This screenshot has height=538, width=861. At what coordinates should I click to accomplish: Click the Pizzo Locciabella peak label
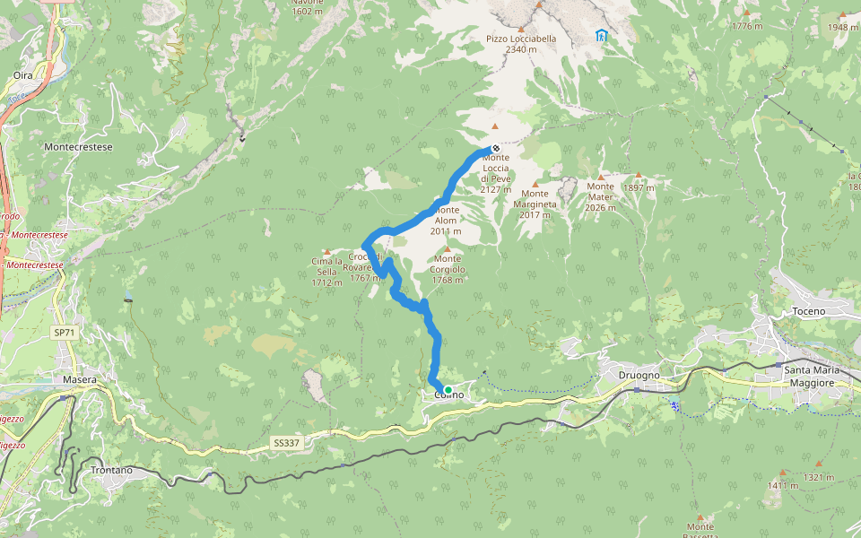[521, 44]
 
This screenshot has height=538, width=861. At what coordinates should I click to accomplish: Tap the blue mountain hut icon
[601, 36]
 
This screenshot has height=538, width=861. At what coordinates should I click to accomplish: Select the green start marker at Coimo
[448, 390]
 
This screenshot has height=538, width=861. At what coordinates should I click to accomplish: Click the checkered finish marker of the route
[495, 149]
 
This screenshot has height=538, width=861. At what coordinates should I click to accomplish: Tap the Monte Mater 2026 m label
[600, 196]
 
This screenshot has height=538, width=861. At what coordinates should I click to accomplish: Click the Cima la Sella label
[326, 272]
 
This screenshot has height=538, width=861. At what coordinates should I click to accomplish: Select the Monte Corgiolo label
[448, 269]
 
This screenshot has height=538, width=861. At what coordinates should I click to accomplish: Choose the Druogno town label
[639, 375]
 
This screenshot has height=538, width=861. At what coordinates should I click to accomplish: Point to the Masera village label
[80, 380]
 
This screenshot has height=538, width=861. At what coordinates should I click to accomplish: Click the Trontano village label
[111, 470]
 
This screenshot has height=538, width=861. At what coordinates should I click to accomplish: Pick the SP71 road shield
[63, 333]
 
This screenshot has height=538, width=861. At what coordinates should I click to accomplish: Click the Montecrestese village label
[79, 144]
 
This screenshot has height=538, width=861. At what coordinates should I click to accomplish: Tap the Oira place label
[23, 76]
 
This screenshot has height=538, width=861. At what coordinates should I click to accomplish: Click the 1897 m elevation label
[639, 188]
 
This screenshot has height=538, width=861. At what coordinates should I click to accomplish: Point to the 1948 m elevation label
[842, 27]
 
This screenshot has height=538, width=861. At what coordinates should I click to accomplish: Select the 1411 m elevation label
[782, 485]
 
